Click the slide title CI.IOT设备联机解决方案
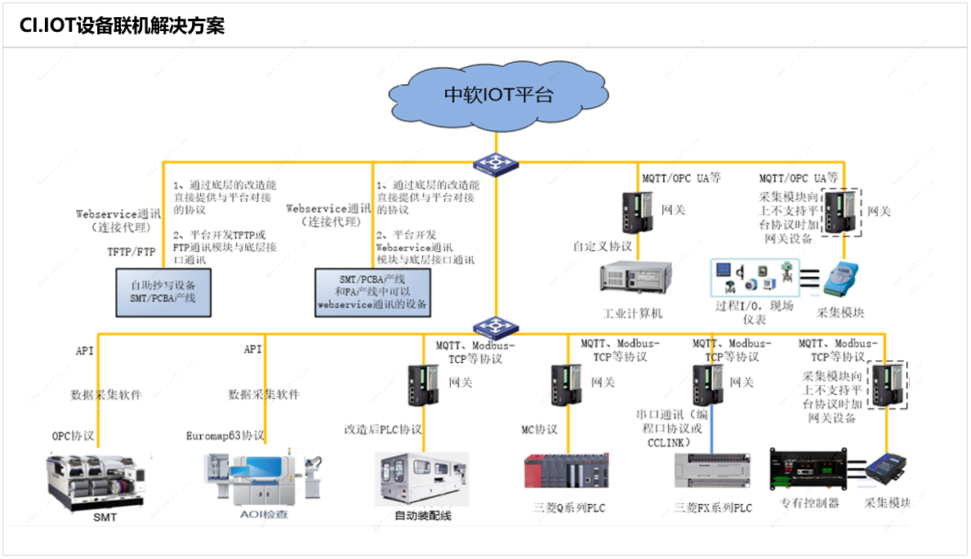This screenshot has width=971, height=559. [122, 26]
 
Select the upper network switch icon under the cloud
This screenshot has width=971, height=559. [496, 165]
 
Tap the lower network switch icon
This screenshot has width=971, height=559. [495, 327]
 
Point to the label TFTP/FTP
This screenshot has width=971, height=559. [131, 253]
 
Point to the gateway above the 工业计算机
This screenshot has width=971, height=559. [639, 212]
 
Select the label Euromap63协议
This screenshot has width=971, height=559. [225, 436]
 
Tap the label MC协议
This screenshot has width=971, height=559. [539, 429]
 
